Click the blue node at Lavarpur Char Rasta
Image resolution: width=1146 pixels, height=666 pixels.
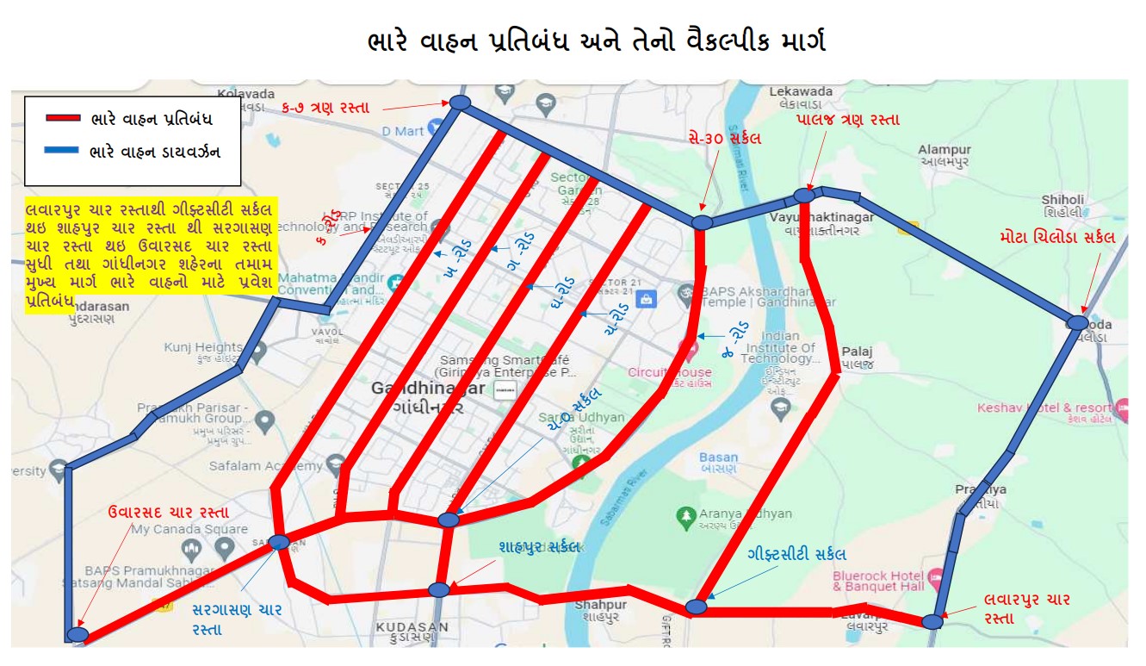click(932, 621)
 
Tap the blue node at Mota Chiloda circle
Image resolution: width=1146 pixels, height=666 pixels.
click(1077, 322)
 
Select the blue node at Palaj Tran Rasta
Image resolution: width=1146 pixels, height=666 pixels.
click(803, 196)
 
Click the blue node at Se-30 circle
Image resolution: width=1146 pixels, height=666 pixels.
click(703, 222)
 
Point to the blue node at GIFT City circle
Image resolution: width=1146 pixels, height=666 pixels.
click(696, 607)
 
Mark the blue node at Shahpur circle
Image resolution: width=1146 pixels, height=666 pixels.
click(439, 589)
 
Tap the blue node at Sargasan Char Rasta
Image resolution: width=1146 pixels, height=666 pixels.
click(279, 542)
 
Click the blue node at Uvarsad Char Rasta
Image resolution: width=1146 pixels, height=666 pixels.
click(77, 634)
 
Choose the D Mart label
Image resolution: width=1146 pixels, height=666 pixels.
click(403, 131)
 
